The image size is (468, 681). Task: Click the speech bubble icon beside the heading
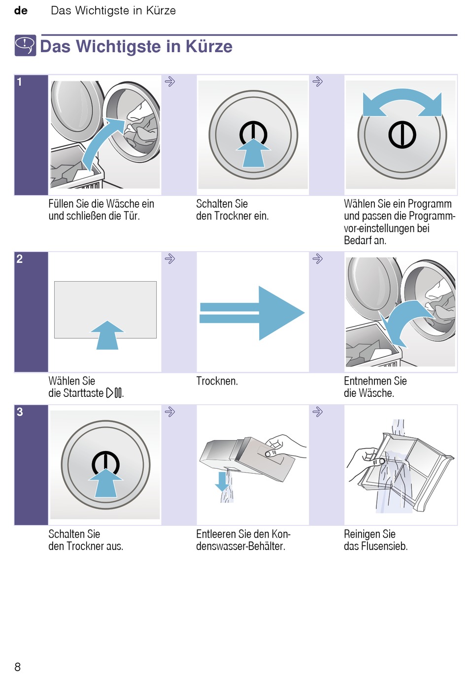pos(25,46)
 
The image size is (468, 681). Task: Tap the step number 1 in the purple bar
pos(20,82)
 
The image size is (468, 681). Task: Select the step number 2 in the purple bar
pos(20,259)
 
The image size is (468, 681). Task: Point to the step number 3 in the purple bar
pos(20,412)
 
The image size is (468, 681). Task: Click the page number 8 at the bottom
pos(18,667)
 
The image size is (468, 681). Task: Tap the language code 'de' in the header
pos(21,10)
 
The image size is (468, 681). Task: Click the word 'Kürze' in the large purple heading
pos(209,46)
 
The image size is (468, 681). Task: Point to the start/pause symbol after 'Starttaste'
pos(114,393)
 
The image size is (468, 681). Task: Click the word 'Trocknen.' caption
pos(217,381)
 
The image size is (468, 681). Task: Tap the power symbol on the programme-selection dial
pos(402,134)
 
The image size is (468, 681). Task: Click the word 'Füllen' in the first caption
pos(61,204)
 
